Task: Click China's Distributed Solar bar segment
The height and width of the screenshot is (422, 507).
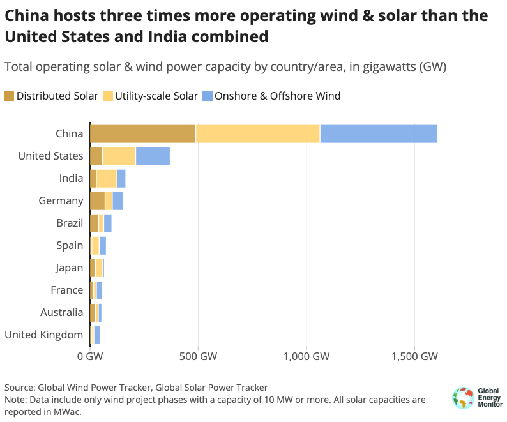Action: tap(142, 133)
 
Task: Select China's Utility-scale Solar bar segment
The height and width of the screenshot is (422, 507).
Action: tap(257, 133)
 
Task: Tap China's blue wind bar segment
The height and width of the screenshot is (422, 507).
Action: tap(379, 133)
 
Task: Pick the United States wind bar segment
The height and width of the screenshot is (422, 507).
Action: tap(153, 156)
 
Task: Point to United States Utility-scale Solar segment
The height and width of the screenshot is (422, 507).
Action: tap(119, 156)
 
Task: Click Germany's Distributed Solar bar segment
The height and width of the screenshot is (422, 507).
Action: tap(97, 200)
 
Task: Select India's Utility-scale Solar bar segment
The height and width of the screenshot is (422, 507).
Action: tap(107, 178)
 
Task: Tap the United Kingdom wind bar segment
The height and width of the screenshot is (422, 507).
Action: tap(97, 335)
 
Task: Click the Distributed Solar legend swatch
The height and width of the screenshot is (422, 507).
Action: tap(9, 96)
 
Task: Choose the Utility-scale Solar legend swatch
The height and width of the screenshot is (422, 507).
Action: tap(107, 96)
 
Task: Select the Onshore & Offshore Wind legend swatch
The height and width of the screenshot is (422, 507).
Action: tap(207, 96)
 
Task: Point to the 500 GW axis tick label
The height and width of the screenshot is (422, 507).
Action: tap(198, 356)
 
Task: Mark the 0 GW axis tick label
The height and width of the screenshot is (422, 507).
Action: tap(90, 356)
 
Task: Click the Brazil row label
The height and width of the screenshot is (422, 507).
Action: tap(70, 223)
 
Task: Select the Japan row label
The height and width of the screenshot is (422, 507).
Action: tap(69, 268)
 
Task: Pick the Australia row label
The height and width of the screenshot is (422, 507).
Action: tap(63, 312)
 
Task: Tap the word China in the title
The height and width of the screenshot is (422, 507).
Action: tap(26, 15)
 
